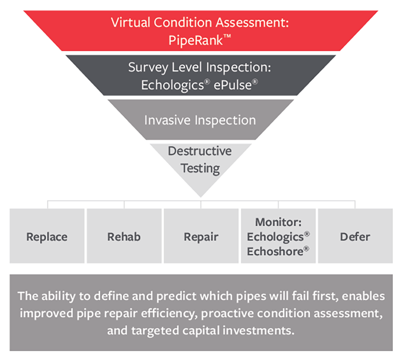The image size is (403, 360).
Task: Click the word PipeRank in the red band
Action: pos(196,40)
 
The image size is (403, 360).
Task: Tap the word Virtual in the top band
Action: pos(130,22)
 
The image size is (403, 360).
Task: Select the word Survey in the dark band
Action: pos(148,68)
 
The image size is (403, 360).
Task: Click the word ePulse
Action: pos(232,85)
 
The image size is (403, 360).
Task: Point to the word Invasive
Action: pos(167,120)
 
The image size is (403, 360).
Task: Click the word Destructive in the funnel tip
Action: pos(200,151)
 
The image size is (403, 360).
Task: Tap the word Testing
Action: pos(200,169)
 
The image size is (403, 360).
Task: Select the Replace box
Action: pos(47,236)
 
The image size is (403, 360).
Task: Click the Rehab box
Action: pos(124,236)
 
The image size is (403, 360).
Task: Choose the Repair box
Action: pos(201,236)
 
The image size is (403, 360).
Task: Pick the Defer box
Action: pos(356,236)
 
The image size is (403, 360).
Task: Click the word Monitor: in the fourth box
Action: pos(279,222)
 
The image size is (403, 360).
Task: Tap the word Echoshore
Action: pos(275,252)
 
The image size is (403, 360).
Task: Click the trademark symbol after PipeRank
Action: pos(227,37)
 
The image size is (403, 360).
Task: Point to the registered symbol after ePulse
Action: pos(255,82)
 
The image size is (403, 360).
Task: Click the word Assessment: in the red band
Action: pos(252,22)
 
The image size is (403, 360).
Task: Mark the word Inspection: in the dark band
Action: pos(238,68)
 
